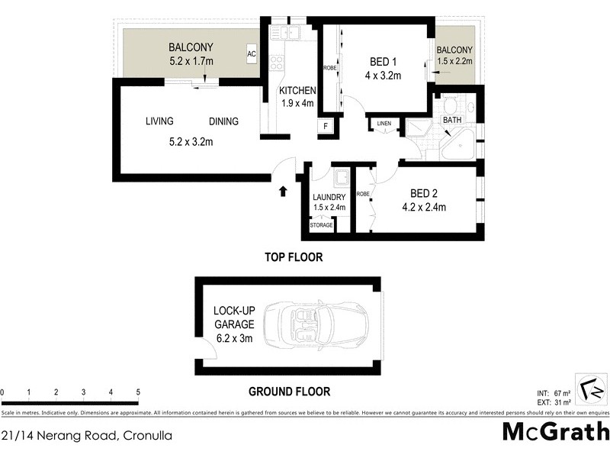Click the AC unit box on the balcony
(x=251, y=54)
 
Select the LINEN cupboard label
(x=384, y=124)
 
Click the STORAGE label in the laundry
(x=321, y=225)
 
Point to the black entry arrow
(x=284, y=189)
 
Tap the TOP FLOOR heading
(x=294, y=258)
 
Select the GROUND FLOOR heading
(x=289, y=392)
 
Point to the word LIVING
(x=159, y=121)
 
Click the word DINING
(x=224, y=121)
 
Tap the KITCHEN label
(x=297, y=91)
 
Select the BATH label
(x=452, y=120)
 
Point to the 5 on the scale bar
(x=138, y=392)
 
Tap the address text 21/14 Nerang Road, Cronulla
(x=86, y=436)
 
